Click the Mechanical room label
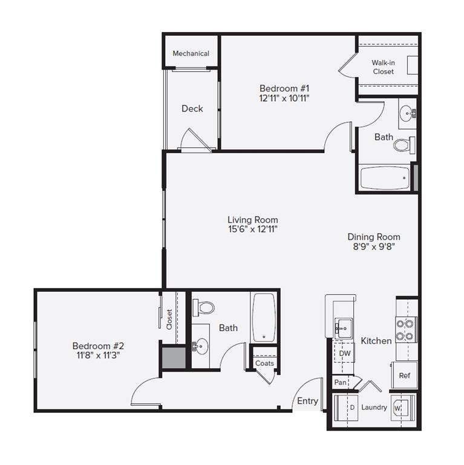(x=191, y=53)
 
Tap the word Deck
(x=192, y=108)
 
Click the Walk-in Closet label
(x=382, y=67)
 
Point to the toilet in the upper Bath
(x=404, y=145)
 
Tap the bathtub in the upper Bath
(x=384, y=179)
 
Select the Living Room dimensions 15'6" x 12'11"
(x=252, y=229)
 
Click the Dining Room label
(x=373, y=237)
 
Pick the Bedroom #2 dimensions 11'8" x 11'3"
(x=98, y=355)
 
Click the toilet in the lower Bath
(x=204, y=308)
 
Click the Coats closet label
(x=264, y=363)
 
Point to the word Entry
(x=307, y=401)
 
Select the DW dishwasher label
(x=344, y=353)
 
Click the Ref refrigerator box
(x=404, y=375)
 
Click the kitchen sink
(x=342, y=328)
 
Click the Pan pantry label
(x=340, y=383)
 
